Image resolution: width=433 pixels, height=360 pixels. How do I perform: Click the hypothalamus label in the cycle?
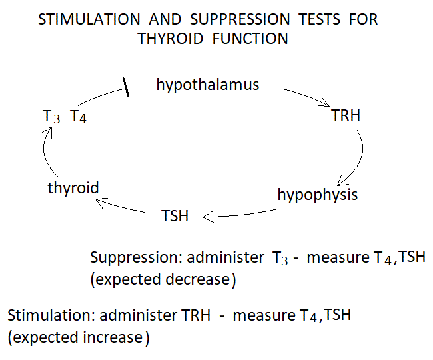[208, 85]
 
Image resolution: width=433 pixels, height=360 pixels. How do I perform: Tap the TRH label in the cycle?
[346, 115]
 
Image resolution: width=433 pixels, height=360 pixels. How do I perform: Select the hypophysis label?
[318, 195]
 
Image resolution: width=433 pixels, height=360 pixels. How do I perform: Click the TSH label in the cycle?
[175, 216]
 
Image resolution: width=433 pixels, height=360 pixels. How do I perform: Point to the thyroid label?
[73, 189]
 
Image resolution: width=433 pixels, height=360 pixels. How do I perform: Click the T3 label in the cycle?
[51, 116]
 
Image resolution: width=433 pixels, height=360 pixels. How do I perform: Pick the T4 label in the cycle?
[78, 116]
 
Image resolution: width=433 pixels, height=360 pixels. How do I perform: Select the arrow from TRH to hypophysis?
[362, 155]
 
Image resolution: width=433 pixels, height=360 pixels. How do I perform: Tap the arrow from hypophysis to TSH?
[240, 215]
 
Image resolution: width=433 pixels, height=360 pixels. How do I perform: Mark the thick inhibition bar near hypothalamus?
[126, 87]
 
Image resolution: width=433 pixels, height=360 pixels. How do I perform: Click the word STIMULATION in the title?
[89, 19]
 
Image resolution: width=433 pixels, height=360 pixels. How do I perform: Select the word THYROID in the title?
[171, 39]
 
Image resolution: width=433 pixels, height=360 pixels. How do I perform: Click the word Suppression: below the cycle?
[136, 258]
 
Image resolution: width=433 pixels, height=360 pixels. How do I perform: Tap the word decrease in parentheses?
[198, 279]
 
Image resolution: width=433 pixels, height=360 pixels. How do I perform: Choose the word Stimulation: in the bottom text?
[51, 315]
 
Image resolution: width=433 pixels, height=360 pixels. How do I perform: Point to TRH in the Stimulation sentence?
[196, 315]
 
